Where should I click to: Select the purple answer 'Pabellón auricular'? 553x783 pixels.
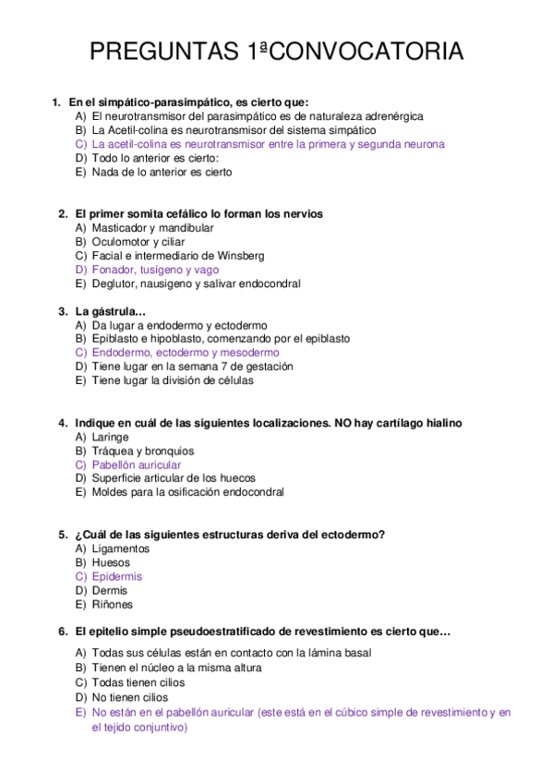tap(137, 464)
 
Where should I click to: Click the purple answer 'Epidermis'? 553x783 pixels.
tap(117, 576)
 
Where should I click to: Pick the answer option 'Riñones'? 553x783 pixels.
tap(113, 604)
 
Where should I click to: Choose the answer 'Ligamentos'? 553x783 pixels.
tap(121, 548)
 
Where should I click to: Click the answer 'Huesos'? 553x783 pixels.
tap(111, 562)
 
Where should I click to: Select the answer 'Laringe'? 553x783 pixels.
tap(111, 437)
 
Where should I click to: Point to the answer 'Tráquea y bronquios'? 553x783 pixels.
tap(142, 451)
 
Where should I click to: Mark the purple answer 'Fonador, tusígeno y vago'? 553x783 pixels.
tap(155, 270)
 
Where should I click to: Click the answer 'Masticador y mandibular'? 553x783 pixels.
tap(153, 228)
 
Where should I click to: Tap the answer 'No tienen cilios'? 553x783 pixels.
tap(130, 697)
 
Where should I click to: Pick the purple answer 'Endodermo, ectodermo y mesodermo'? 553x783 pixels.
tap(186, 353)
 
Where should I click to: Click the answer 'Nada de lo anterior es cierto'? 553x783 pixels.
tap(162, 172)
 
